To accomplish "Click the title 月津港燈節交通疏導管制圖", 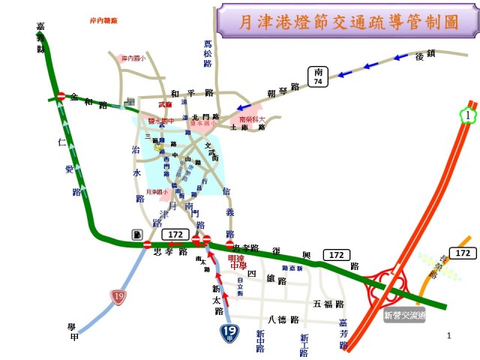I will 348,21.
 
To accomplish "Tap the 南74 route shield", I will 318,76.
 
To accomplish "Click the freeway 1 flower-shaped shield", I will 468,115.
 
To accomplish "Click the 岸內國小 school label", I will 134,57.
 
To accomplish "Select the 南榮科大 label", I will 252,118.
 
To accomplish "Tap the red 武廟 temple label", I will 165,106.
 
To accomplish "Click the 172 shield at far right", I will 463,253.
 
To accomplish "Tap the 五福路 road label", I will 328,304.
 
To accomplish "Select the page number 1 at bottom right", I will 448,336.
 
